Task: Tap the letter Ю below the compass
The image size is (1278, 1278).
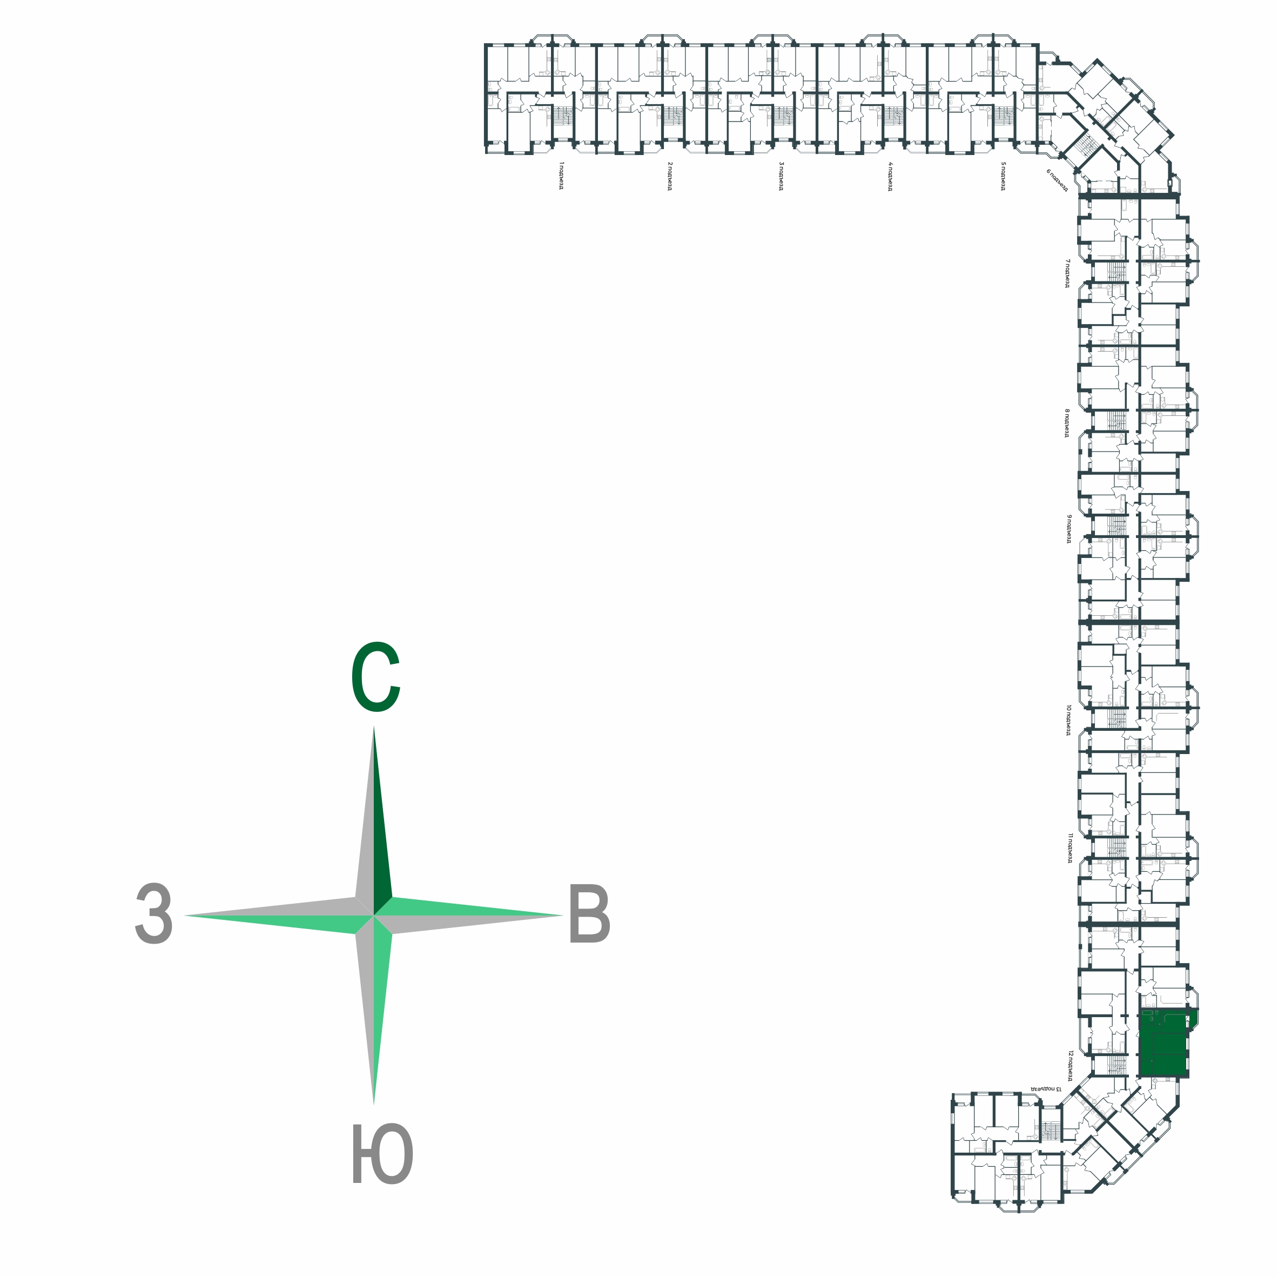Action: pos(382,1154)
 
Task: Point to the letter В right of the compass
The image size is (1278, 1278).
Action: pos(589,916)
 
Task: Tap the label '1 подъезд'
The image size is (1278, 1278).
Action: pos(561,176)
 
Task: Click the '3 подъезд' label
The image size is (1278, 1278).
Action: pos(781,176)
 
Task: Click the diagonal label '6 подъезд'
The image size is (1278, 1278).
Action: pos(1057,179)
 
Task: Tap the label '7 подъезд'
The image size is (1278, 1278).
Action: pos(1067,273)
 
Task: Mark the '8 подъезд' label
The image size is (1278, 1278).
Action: pos(1067,423)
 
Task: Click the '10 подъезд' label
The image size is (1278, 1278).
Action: pos(1068,719)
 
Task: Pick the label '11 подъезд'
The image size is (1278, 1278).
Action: pos(1069,848)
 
